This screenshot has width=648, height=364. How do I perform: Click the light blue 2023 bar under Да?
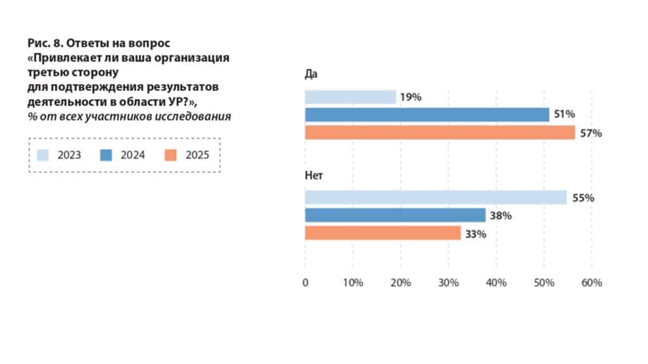pyautogui.click(x=350, y=97)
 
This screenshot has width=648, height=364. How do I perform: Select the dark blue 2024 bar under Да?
pyautogui.click(x=427, y=115)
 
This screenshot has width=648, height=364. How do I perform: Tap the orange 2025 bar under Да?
pyautogui.click(x=440, y=133)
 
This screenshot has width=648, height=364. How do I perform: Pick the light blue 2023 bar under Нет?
pyautogui.click(x=435, y=198)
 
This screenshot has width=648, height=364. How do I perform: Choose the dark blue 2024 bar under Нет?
pyautogui.click(x=395, y=215)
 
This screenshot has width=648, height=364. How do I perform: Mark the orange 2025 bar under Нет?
pyautogui.click(x=383, y=233)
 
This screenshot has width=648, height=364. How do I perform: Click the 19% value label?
pyautogui.click(x=411, y=97)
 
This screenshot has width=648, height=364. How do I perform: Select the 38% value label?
pyautogui.click(x=501, y=215)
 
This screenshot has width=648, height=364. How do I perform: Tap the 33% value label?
pyautogui.click(x=477, y=234)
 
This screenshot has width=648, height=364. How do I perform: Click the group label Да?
pyautogui.click(x=311, y=74)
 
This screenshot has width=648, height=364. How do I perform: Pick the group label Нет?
pyautogui.click(x=314, y=175)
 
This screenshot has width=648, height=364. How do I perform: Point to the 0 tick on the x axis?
pyautogui.click(x=305, y=282)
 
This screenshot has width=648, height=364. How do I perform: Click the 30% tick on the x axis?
pyautogui.click(x=448, y=282)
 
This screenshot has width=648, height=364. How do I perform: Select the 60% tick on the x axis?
pyautogui.click(x=592, y=282)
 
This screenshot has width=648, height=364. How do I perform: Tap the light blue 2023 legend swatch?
pyautogui.click(x=43, y=155)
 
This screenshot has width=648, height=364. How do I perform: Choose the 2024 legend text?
pyautogui.click(x=133, y=155)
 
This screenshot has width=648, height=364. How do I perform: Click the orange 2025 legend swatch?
pyautogui.click(x=170, y=155)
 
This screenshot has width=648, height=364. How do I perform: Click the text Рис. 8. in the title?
pyautogui.click(x=44, y=43)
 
